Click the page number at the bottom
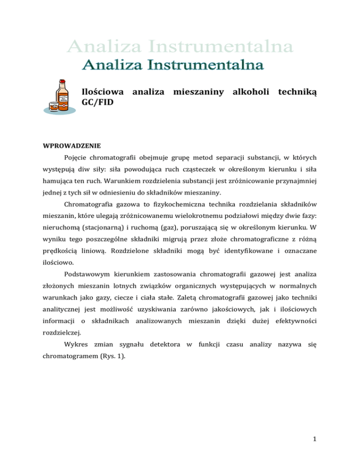click(313, 445)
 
